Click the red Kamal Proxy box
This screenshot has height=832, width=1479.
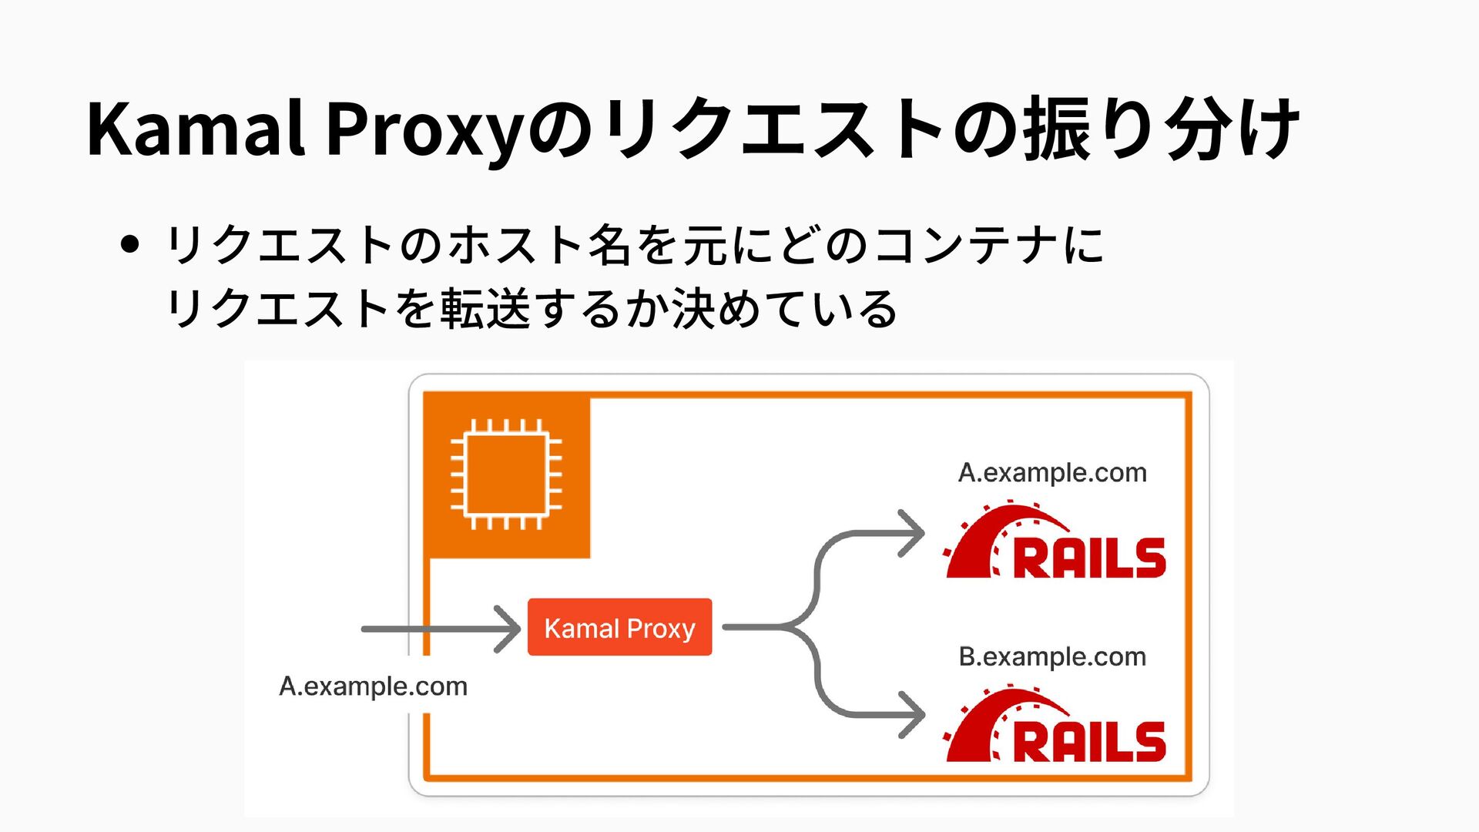click(x=619, y=627)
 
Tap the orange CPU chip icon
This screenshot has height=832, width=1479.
click(x=506, y=475)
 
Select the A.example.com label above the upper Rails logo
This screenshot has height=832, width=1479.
click(x=1052, y=472)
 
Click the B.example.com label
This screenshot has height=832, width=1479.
click(x=1052, y=656)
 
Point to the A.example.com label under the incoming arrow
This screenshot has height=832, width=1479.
click(x=373, y=686)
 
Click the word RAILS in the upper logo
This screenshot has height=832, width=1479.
click(x=1089, y=559)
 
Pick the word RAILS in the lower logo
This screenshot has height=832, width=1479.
click(x=1089, y=741)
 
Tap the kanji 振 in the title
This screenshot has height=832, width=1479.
click(x=1057, y=129)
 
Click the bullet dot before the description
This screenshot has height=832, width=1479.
click(x=130, y=245)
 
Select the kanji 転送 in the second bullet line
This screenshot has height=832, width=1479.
click(x=485, y=309)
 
